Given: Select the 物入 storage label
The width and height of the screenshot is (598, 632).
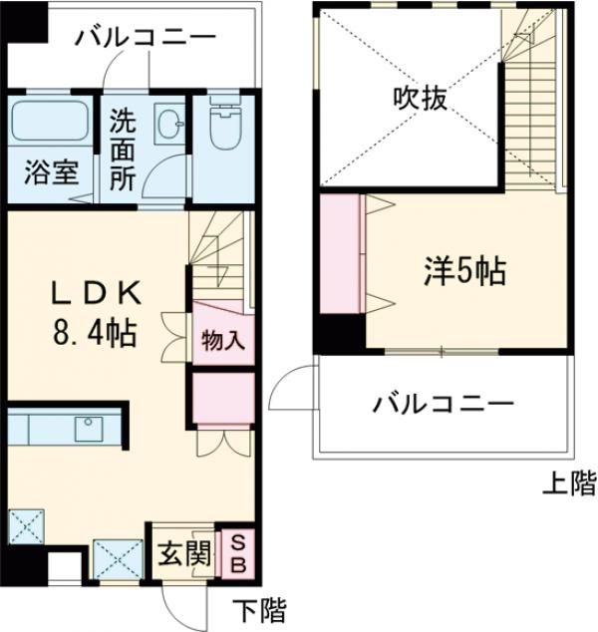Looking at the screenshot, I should [x=223, y=339].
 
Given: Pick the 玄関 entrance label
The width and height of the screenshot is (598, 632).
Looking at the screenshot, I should [x=182, y=553].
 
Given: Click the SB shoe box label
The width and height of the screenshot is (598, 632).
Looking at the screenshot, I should [x=240, y=553].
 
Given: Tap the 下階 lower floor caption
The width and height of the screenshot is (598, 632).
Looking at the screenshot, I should [x=261, y=608].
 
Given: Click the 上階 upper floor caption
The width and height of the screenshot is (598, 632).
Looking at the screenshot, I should [x=568, y=485].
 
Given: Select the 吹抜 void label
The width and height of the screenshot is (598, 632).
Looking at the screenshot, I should [x=417, y=99].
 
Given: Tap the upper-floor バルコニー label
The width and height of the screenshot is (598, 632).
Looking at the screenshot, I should [x=444, y=405].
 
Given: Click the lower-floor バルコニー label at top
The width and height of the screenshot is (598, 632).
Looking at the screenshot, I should [x=145, y=38].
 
